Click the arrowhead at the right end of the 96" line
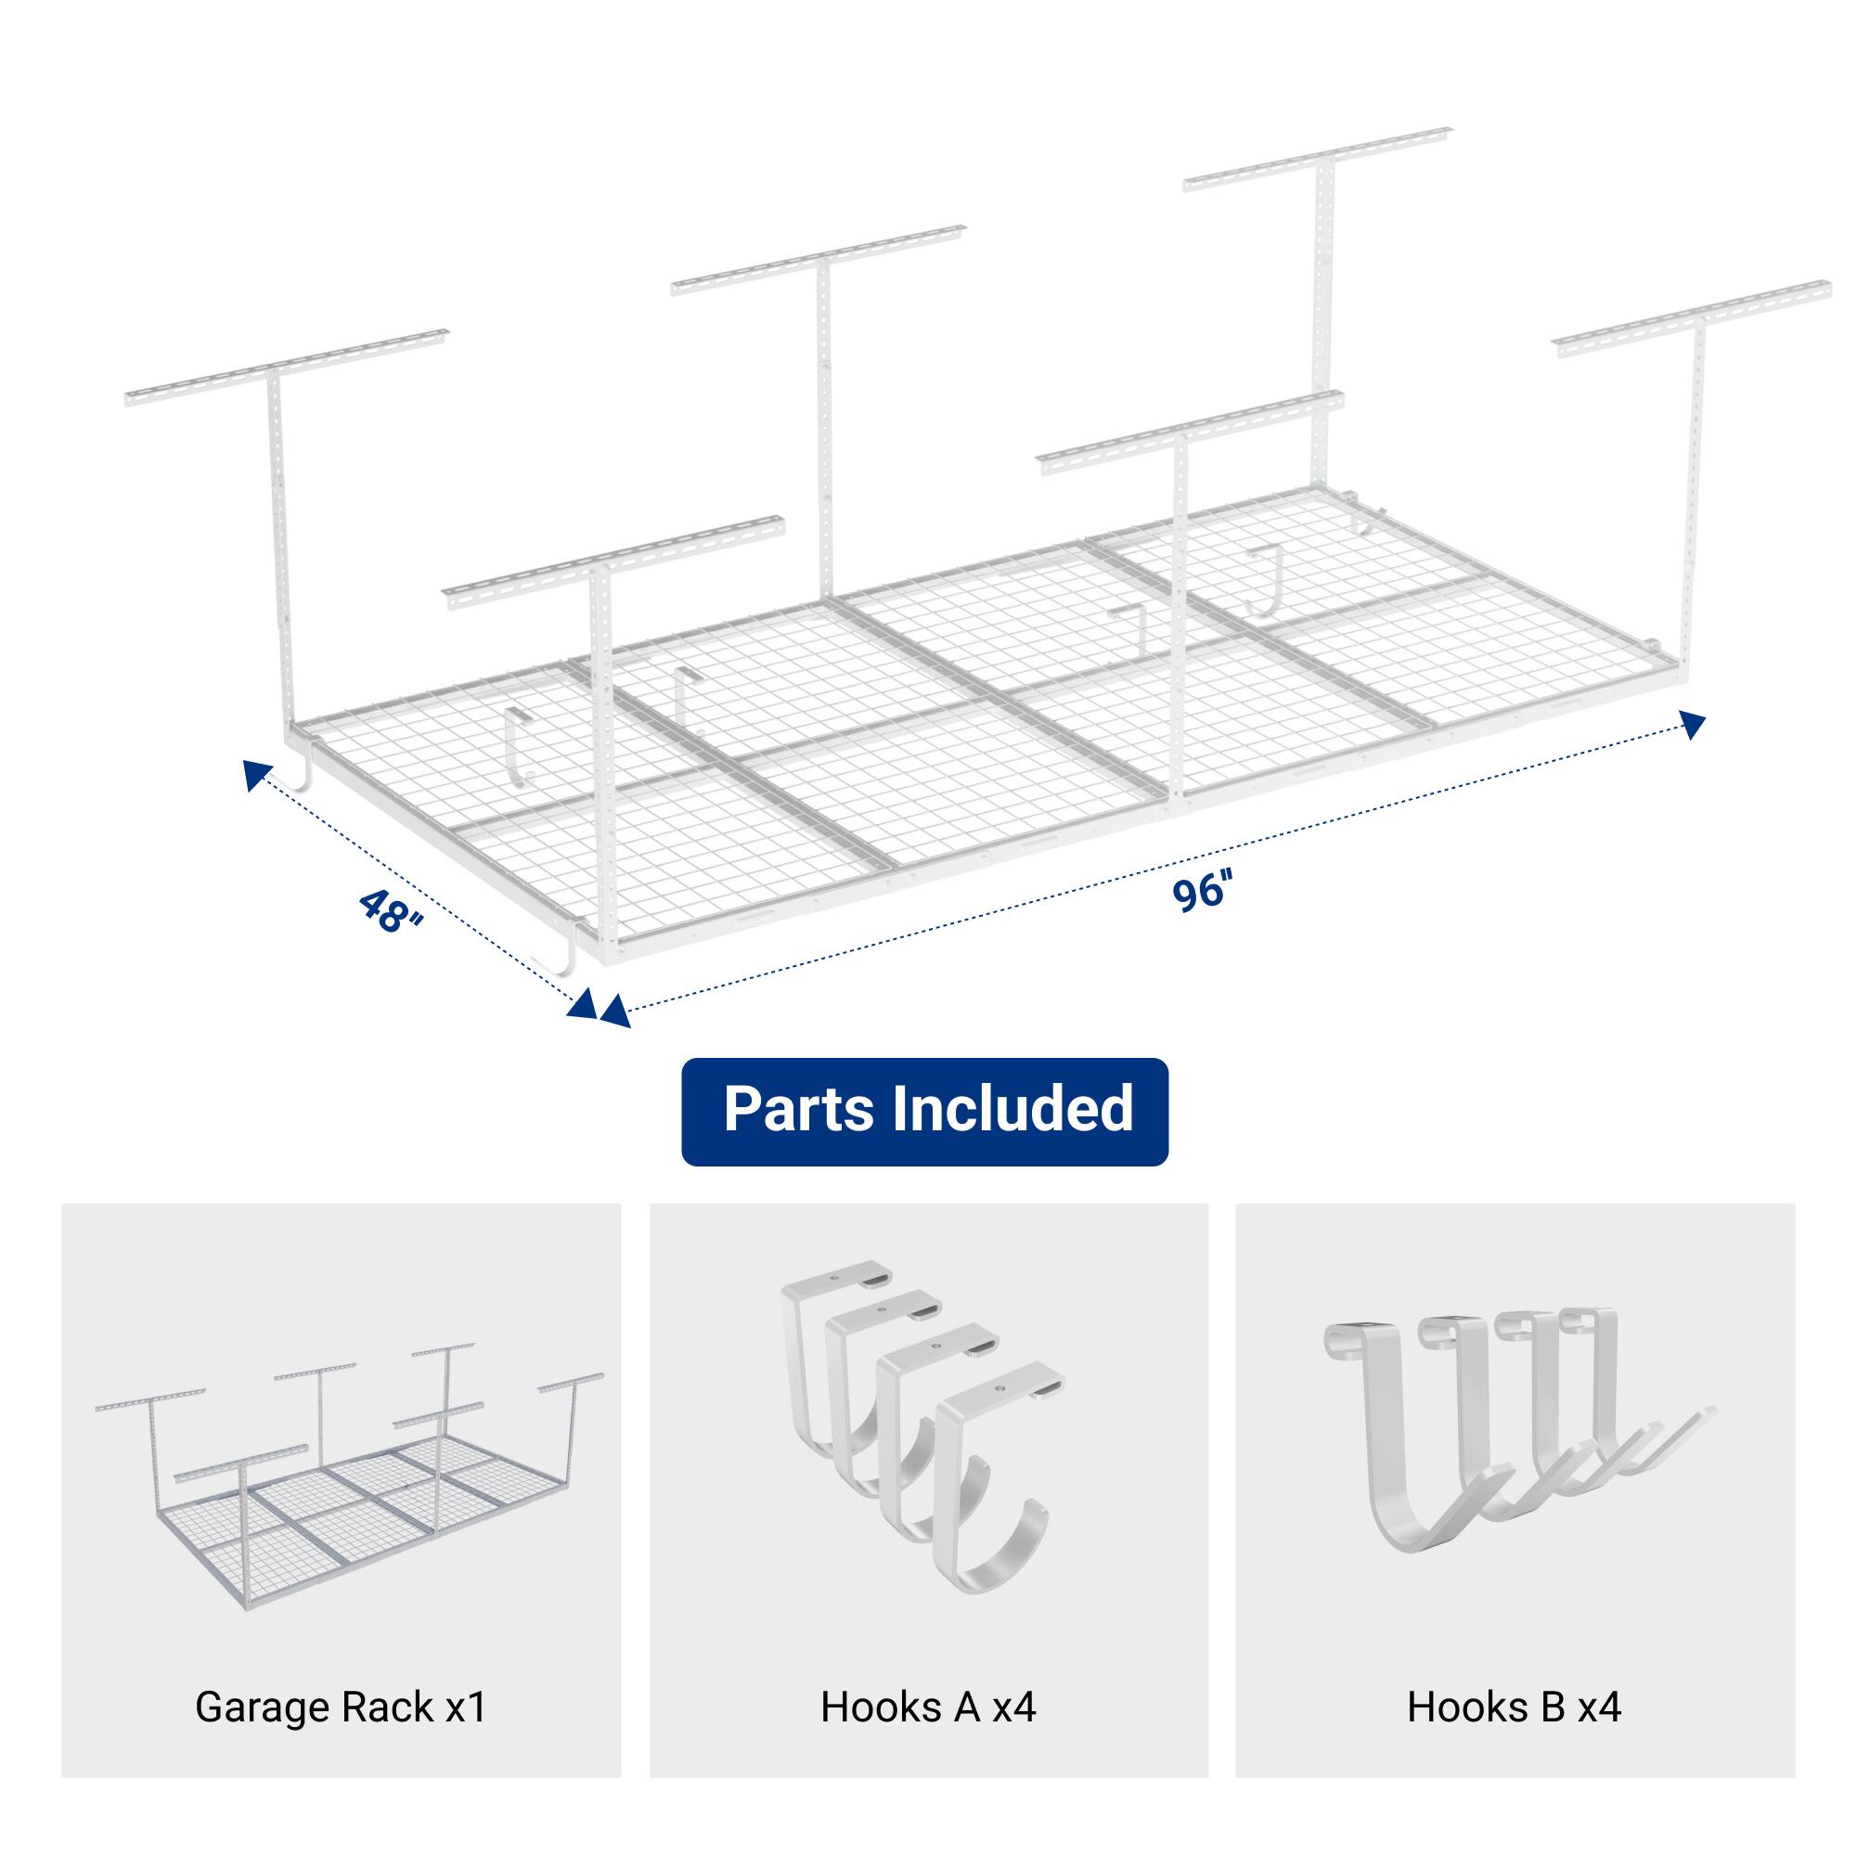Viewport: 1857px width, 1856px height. [1693, 723]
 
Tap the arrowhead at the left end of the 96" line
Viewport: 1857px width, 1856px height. [614, 1012]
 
